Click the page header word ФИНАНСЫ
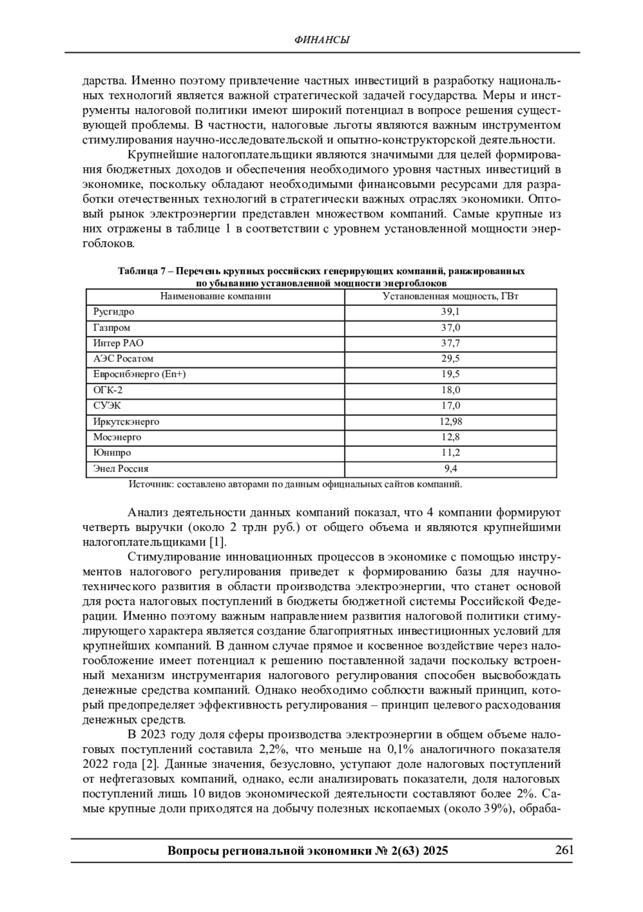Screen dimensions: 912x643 [x=322, y=40]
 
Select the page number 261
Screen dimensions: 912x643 [x=564, y=850]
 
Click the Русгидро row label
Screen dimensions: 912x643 [x=114, y=311]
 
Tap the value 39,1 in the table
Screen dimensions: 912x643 [x=450, y=311]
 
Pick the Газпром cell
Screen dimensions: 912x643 [x=111, y=328]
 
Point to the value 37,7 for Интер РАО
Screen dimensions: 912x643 [x=450, y=343]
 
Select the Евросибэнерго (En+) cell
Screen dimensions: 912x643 [x=139, y=374]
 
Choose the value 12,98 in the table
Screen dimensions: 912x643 [x=450, y=421]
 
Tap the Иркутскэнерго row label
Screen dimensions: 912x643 [x=126, y=421]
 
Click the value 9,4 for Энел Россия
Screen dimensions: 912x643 [x=450, y=468]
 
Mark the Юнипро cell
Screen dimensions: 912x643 [x=112, y=452]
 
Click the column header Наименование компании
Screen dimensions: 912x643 [x=215, y=296]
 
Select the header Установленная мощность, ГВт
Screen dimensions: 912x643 [x=450, y=296]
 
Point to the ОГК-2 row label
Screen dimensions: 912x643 [x=108, y=390]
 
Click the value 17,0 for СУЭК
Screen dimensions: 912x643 [x=450, y=405]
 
